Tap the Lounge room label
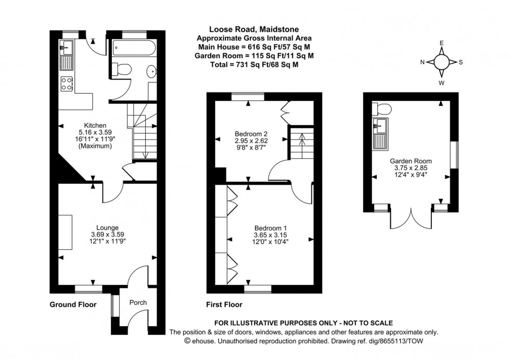click(x=108, y=227)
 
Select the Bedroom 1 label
click(x=270, y=228)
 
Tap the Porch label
click(x=138, y=302)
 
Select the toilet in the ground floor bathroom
click(x=123, y=69)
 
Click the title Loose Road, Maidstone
click(x=254, y=29)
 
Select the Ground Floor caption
click(x=73, y=304)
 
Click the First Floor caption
click(x=225, y=304)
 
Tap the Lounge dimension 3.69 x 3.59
click(x=108, y=234)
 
